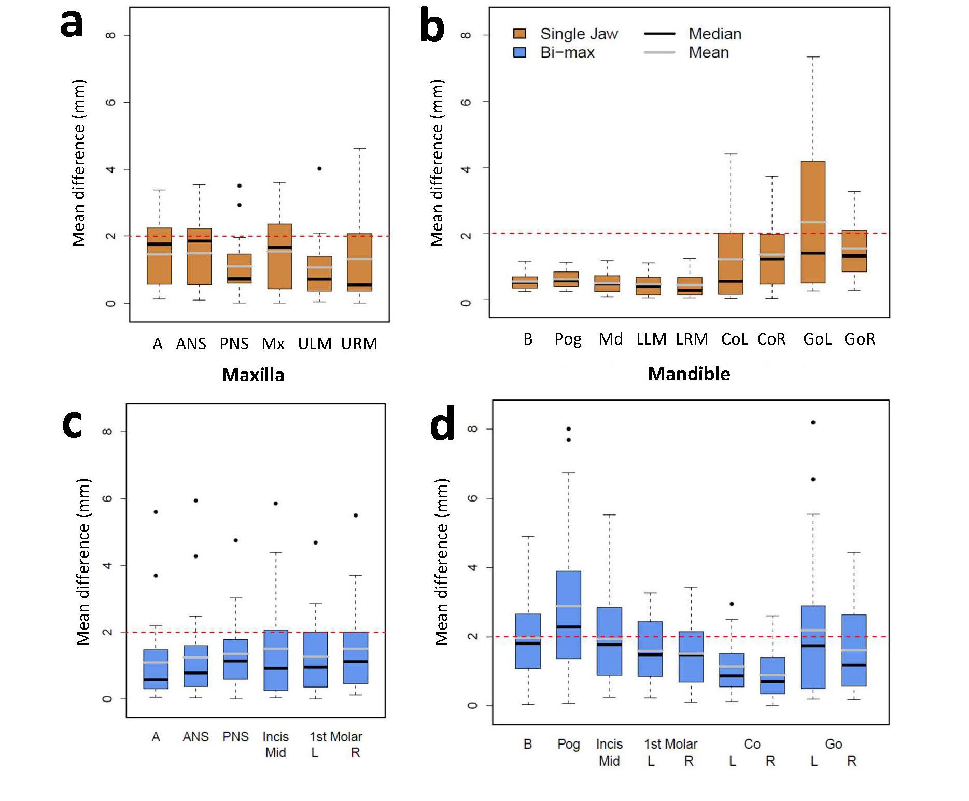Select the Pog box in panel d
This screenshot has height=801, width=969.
568,614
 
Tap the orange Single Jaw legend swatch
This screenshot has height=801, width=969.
519,34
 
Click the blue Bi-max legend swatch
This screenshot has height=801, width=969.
519,53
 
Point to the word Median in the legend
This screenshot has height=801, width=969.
714,34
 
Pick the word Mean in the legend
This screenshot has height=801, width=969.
708,53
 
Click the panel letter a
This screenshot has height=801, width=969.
72,23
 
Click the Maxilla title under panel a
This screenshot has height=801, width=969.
253,375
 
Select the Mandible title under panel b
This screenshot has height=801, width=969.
689,374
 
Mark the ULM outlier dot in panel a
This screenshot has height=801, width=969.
319,168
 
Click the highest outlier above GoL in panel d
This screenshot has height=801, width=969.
813,422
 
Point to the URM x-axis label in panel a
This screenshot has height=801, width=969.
359,344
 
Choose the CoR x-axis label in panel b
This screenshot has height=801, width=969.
771,339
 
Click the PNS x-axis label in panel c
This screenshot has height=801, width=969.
235,736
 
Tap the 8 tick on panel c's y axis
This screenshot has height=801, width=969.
107,431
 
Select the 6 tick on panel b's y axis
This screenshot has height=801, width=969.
466,102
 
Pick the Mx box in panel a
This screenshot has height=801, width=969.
279,256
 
